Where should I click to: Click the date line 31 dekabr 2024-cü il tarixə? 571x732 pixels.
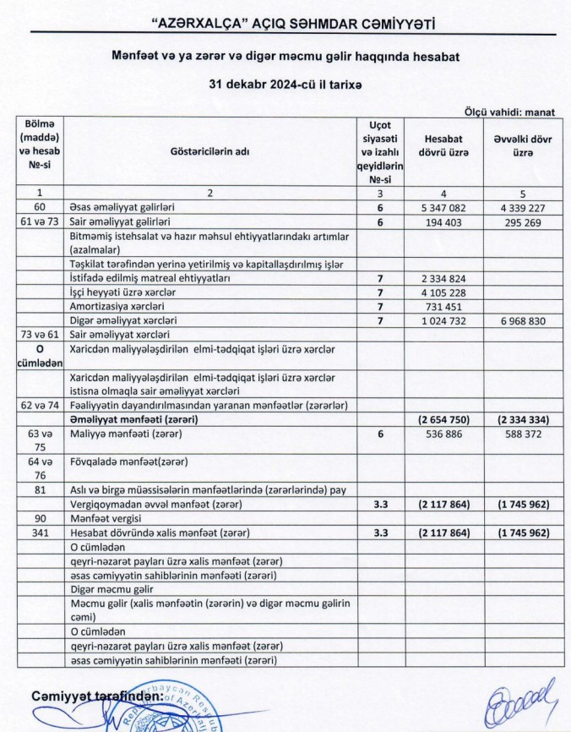tap(284, 85)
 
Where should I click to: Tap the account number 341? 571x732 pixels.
tap(39, 533)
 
